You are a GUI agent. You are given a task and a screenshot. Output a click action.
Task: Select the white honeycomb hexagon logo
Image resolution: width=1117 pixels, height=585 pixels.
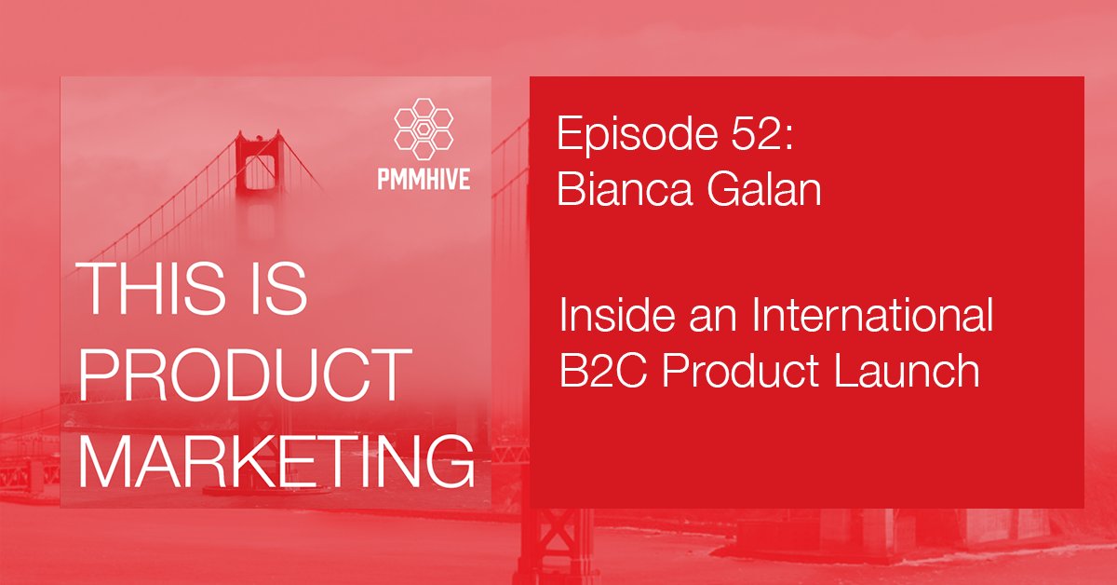point(424,130)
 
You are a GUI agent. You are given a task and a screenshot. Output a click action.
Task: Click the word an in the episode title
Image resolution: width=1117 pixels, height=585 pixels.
point(693,320)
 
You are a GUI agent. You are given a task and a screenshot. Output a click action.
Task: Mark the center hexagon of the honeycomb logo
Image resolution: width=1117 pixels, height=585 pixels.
point(424,130)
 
